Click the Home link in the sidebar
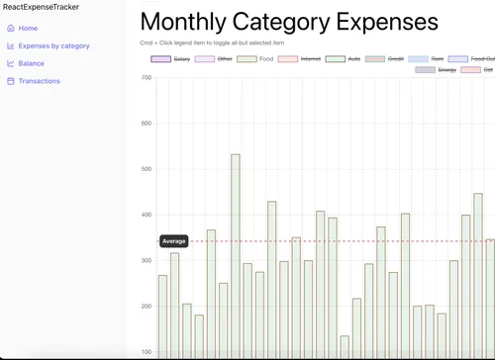28,29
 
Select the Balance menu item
31,63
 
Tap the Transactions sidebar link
40,81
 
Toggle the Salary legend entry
182,59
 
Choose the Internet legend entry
311,59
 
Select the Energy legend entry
447,70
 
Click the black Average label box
174,241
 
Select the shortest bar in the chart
345,346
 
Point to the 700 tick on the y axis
147,77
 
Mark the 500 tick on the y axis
147,169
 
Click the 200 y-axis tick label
147,307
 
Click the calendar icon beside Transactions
10,81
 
